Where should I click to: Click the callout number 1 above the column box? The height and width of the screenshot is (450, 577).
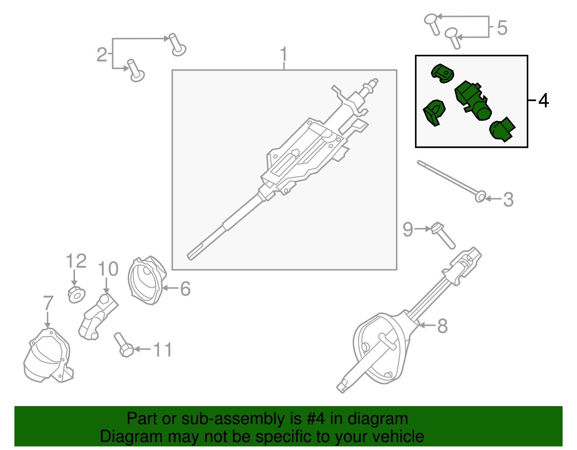point(284,54)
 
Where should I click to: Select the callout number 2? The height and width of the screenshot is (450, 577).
point(102,55)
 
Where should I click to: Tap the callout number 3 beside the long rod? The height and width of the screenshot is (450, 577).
point(508,200)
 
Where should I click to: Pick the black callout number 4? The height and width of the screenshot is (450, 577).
point(543,101)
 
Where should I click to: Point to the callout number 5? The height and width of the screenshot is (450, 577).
point(502,28)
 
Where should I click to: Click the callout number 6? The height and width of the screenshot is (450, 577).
point(185,289)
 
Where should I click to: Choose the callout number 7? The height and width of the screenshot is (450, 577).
point(48,303)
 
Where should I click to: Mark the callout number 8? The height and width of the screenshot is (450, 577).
point(442,326)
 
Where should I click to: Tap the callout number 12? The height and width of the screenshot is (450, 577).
point(76,261)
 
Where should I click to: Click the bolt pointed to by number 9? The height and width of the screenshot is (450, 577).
point(444,236)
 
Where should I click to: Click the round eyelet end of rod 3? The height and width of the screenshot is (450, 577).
point(480,197)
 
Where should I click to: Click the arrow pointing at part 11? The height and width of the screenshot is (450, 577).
point(142,349)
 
